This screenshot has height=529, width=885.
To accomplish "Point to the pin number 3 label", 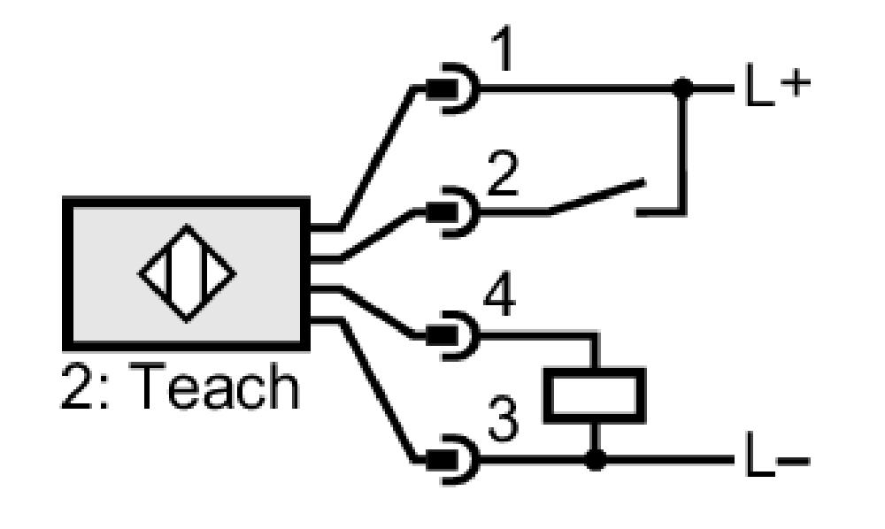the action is tap(503, 418).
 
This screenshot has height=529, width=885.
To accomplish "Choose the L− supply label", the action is tap(778, 455).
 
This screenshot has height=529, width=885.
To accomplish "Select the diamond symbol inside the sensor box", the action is tap(187, 273).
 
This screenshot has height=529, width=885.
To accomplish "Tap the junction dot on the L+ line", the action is tap(683, 88).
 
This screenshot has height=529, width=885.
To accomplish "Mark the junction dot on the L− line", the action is tap(595, 460).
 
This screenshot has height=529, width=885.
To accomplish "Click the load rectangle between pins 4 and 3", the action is tap(595, 395).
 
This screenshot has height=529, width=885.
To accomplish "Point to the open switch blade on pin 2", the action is tap(596, 196).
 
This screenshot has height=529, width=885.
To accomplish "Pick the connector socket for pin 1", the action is tap(452, 88).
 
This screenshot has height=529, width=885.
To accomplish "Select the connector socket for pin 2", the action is tap(452, 212).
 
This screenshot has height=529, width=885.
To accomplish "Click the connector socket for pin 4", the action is tap(452, 335).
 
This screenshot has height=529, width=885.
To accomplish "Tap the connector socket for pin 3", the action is tap(452, 460).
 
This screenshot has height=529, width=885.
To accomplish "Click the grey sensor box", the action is tap(186, 273).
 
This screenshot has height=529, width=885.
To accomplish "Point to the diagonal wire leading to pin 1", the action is tap(376, 158).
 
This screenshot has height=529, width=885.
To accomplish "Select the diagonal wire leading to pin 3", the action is tap(376, 390).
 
